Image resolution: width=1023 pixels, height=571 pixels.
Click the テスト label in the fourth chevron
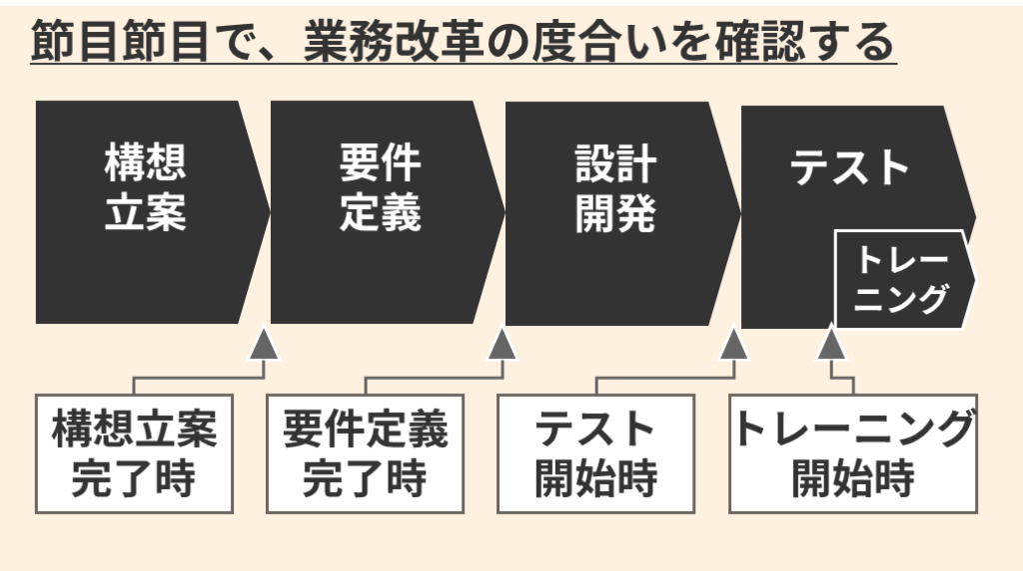pos(850,168)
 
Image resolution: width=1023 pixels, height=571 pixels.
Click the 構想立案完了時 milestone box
pos(134,453)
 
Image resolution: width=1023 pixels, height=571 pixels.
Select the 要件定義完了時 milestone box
pos(365,453)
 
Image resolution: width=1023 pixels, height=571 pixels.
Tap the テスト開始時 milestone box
pos(595,453)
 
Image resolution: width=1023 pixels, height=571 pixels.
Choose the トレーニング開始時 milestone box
pos(853,453)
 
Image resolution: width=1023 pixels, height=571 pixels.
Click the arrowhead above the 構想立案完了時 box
pos(264,344)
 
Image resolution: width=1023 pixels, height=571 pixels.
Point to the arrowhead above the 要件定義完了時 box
pos(501,344)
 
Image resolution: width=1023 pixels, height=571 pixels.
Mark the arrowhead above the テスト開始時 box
pos(734,344)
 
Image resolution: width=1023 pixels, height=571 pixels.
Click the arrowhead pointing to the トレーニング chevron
pos(832,344)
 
